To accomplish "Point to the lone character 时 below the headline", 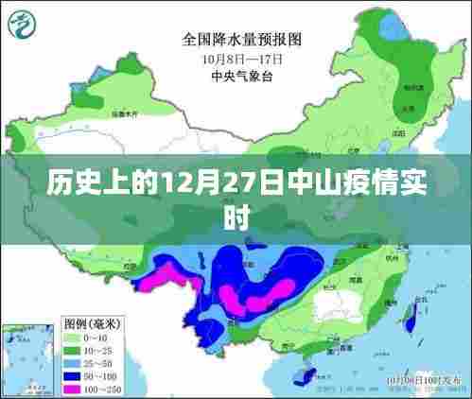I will [x=236, y=215].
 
